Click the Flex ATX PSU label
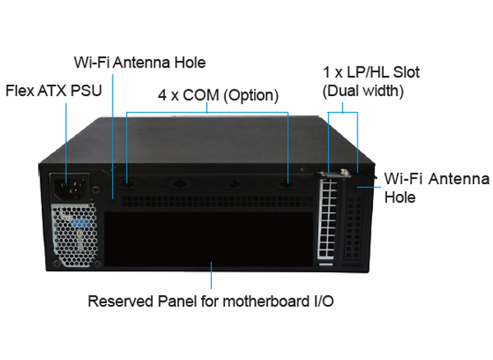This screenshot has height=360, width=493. pos(53,91)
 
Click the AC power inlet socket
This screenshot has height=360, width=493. pos(71,187)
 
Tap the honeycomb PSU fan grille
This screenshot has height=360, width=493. pos(75,235)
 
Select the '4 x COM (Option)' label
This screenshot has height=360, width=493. pos(219,95)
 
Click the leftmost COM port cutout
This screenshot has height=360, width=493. pos(127,183)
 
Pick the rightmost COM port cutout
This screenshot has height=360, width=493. pos(287,183)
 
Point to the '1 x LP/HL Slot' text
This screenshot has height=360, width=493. pos(371,72)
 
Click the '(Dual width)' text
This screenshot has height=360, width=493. pos(363,91)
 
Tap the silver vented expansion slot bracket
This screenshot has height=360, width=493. pos(327,219)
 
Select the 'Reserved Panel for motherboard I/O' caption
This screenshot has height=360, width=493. pos(210,301)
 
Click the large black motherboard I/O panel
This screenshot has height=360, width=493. pos(209,239)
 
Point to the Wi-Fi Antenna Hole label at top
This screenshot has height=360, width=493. pos(140,62)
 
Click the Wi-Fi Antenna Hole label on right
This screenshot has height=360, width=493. pos(437,187)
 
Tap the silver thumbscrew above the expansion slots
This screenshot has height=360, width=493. pos(343,172)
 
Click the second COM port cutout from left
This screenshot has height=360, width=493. pos(179,183)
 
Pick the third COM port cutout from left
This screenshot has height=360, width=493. pos(233,183)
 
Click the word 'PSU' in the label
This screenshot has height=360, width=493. pos(86,91)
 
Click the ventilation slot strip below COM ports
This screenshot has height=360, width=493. pos(217,201)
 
